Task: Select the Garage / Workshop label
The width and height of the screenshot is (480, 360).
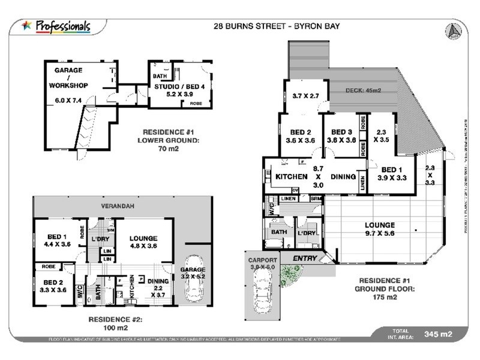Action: [x=71, y=85]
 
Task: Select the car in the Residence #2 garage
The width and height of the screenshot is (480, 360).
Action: [x=194, y=280]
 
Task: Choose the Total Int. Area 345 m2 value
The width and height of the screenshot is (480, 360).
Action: [x=437, y=334]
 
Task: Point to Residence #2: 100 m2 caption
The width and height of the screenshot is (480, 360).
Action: [x=114, y=323]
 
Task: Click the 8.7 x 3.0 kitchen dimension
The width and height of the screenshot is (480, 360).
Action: [x=318, y=177]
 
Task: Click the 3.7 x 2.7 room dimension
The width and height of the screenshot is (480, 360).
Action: [x=305, y=95]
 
